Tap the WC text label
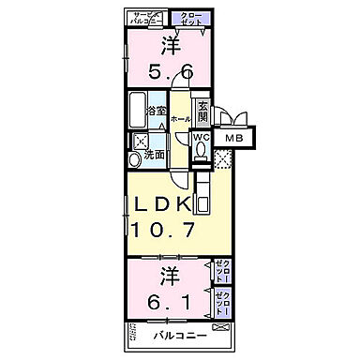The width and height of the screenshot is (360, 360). pos(201,138)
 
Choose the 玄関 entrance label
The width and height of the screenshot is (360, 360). pos(202,109)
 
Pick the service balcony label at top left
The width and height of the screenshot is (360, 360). pos(147,17)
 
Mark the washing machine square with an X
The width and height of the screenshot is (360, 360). pos(140,142)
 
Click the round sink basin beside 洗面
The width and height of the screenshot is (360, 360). pos(136,160)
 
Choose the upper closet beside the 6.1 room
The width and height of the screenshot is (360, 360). pos(220,271)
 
